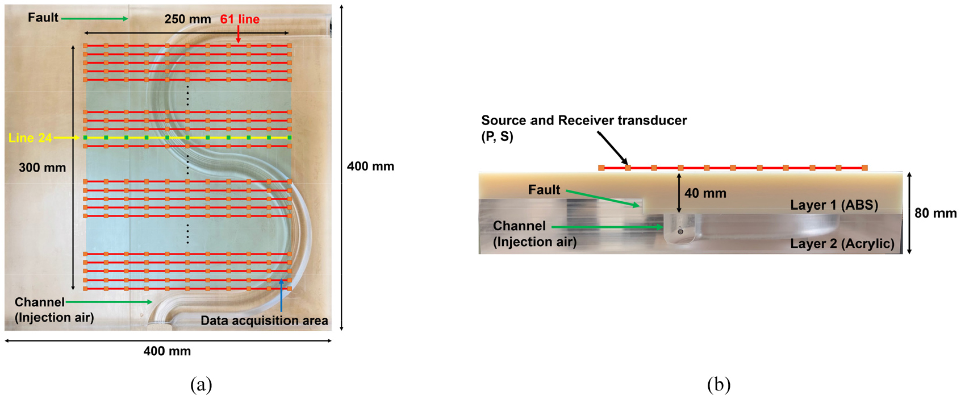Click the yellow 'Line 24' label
30,138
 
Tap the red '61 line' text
240,19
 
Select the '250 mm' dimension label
188,19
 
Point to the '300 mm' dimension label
42,167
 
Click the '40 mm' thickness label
705,193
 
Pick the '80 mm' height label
935,213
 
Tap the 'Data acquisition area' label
265,321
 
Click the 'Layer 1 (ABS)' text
834,205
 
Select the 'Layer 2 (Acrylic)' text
842,244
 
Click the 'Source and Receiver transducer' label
584,120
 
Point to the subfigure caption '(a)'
201,384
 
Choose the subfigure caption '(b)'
718,384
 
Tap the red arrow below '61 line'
238,34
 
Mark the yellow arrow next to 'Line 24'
66,138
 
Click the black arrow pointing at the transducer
613,148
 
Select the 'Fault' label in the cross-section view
544,190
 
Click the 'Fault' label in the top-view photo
43,18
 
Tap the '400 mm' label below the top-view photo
167,351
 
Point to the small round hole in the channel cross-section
680,232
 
